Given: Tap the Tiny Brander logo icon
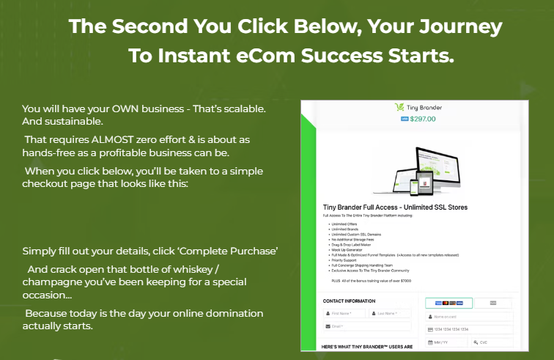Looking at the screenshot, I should (x=399, y=106).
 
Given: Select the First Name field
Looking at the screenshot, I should (x=344, y=313).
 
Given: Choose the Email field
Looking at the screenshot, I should (x=366, y=326).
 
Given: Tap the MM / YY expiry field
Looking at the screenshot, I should (x=446, y=342).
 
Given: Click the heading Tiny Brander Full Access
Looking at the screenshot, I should (x=395, y=207).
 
